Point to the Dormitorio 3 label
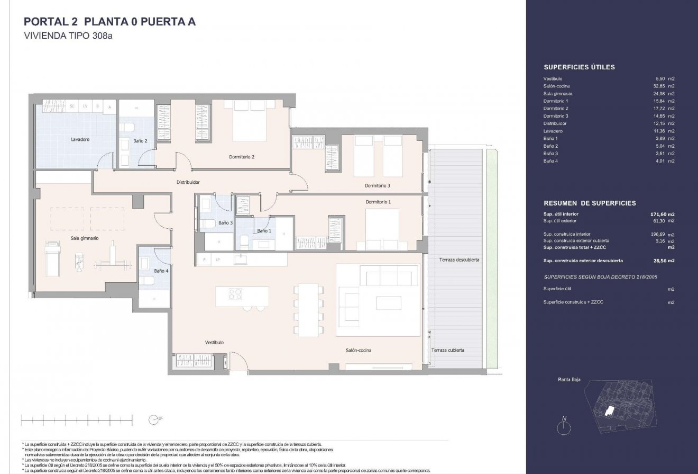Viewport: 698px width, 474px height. click(378, 185)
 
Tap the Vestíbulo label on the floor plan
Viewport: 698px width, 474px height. click(215, 343)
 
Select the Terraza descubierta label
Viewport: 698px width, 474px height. click(458, 260)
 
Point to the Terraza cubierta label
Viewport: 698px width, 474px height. click(448, 350)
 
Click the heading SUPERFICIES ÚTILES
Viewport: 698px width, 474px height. click(579, 67)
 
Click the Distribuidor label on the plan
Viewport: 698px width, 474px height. click(188, 182)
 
